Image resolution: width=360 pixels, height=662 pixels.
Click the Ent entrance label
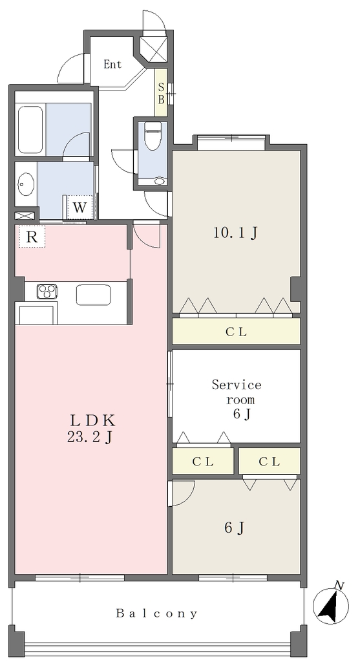point(112,64)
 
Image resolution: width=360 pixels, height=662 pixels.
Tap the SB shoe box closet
point(161,93)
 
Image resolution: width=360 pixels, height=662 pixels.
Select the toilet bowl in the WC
point(153,135)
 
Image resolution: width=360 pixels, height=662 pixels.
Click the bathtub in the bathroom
point(30,130)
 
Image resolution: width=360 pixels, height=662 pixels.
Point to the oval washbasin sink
point(26,184)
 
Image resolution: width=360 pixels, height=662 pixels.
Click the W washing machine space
point(79,208)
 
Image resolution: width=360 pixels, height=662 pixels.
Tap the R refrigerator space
point(32,237)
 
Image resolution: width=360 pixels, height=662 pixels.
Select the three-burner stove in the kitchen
point(47,292)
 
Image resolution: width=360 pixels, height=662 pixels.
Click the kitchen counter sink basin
point(93,295)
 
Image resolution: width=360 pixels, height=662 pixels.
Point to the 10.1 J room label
point(235,233)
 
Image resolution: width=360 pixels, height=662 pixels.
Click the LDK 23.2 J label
point(91,429)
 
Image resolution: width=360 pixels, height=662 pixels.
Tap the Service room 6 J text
point(237,400)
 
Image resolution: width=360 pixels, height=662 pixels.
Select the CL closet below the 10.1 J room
point(236,332)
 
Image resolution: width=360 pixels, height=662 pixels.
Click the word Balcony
point(156,613)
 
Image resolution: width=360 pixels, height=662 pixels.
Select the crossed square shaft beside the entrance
point(154,49)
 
